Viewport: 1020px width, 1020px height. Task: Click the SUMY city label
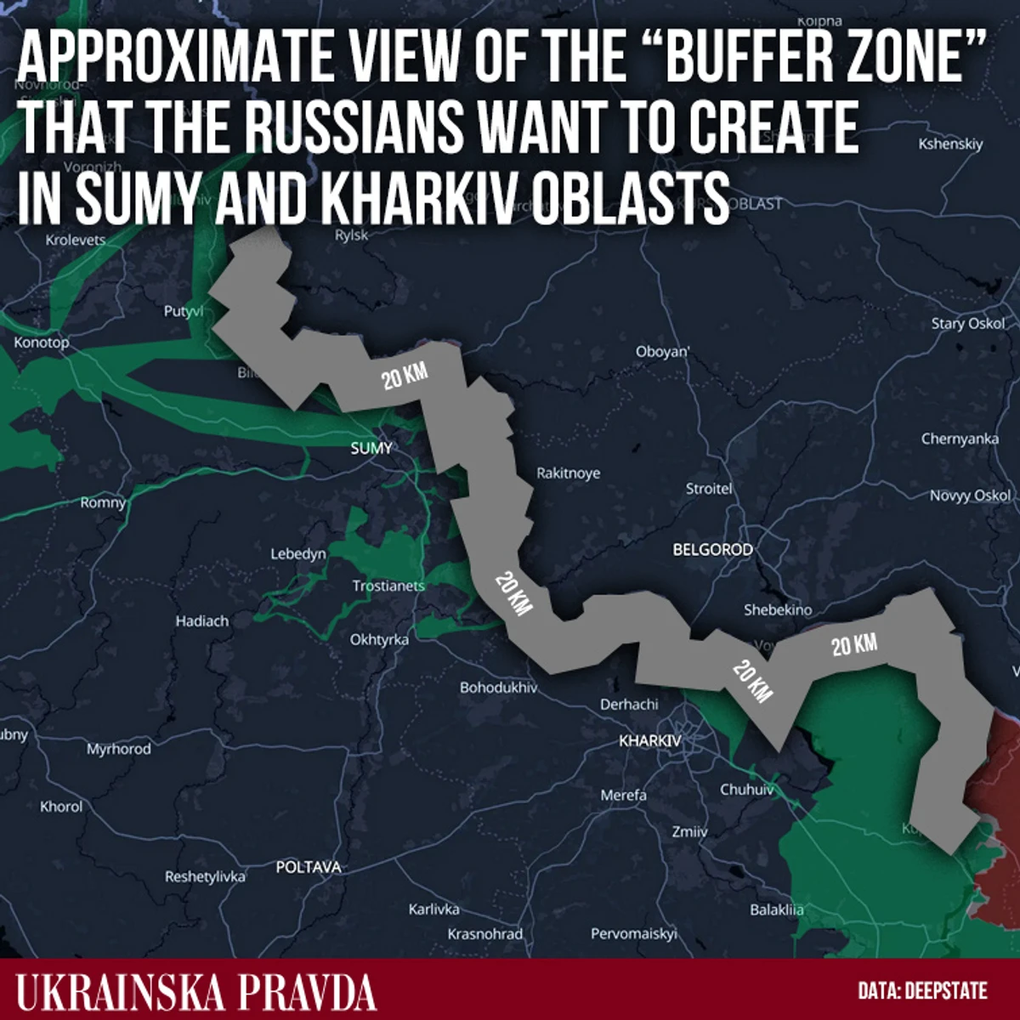coord(371,448)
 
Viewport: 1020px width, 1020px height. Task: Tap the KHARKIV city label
coord(650,740)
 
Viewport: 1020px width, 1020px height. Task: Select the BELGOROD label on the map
coord(712,550)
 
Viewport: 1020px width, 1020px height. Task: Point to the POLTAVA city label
coord(308,867)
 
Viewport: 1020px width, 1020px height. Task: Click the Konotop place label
coord(41,343)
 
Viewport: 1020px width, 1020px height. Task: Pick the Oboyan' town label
coord(663,351)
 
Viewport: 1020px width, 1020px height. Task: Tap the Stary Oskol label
coord(967,323)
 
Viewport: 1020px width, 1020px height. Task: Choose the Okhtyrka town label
coord(379,639)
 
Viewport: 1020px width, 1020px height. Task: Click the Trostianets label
coord(388,586)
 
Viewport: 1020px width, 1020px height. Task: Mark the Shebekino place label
coord(778,609)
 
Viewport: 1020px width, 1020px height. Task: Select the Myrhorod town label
coord(118,749)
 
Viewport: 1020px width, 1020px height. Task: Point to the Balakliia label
coord(776,909)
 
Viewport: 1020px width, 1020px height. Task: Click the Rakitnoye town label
coord(568,473)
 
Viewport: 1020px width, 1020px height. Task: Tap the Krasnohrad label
coord(484,933)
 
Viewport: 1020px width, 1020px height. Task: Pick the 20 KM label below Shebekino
coord(853,645)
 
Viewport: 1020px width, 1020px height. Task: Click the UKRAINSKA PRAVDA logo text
coord(196,991)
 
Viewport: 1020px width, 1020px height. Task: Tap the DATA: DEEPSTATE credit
coord(922,991)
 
